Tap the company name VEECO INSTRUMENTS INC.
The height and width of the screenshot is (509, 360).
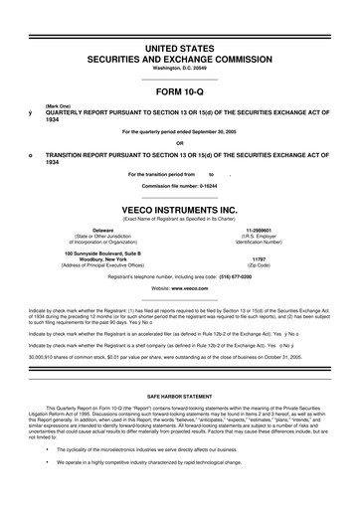(x=180, y=210)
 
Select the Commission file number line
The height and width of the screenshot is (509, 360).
(x=180, y=186)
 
